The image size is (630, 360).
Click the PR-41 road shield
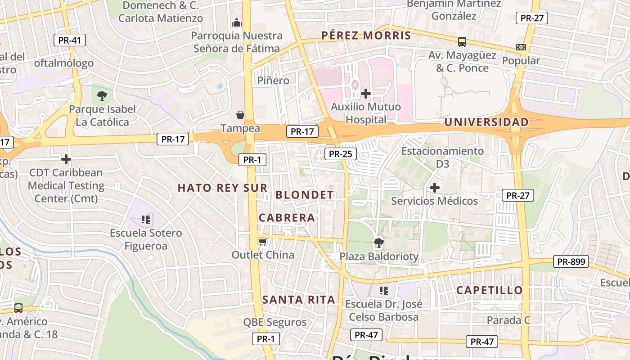click(70, 40)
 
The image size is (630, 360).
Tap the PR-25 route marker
click(340, 154)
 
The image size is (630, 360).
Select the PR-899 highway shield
click(571, 261)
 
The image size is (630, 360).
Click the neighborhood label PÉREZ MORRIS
click(366, 36)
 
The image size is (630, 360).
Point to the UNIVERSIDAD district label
click(486, 122)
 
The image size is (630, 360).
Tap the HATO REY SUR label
click(222, 188)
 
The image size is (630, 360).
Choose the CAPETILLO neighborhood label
click(490, 290)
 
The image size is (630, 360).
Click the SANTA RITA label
click(299, 300)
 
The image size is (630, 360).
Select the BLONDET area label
click(304, 195)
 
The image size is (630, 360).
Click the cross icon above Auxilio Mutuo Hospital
click(366, 94)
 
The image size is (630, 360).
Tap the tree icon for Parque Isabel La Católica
click(102, 95)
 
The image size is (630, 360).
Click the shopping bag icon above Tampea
click(240, 115)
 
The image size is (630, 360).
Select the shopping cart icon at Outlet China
click(262, 242)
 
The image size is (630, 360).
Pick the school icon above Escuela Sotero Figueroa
click(145, 220)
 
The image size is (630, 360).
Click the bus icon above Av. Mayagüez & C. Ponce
click(462, 42)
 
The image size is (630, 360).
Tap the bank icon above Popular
click(521, 47)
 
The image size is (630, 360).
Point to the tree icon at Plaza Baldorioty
click(379, 243)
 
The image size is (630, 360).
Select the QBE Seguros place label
click(274, 322)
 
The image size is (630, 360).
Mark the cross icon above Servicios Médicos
click(434, 188)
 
